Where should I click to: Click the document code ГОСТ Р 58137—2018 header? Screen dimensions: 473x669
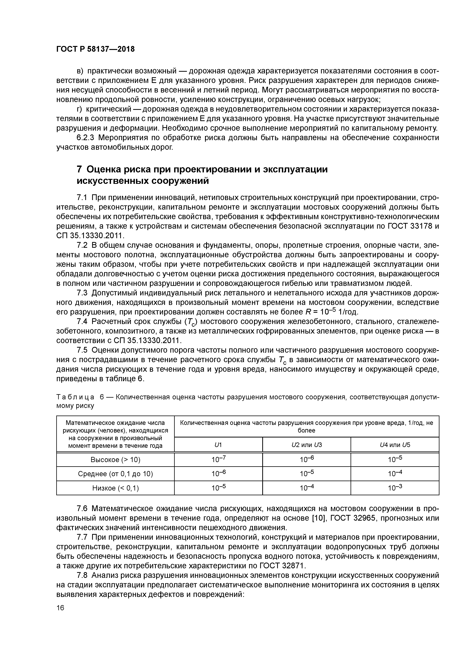(96, 49)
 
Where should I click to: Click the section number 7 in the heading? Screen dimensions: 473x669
(79, 169)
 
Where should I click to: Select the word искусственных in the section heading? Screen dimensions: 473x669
(113, 181)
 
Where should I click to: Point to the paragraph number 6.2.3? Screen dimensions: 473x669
(87, 138)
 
